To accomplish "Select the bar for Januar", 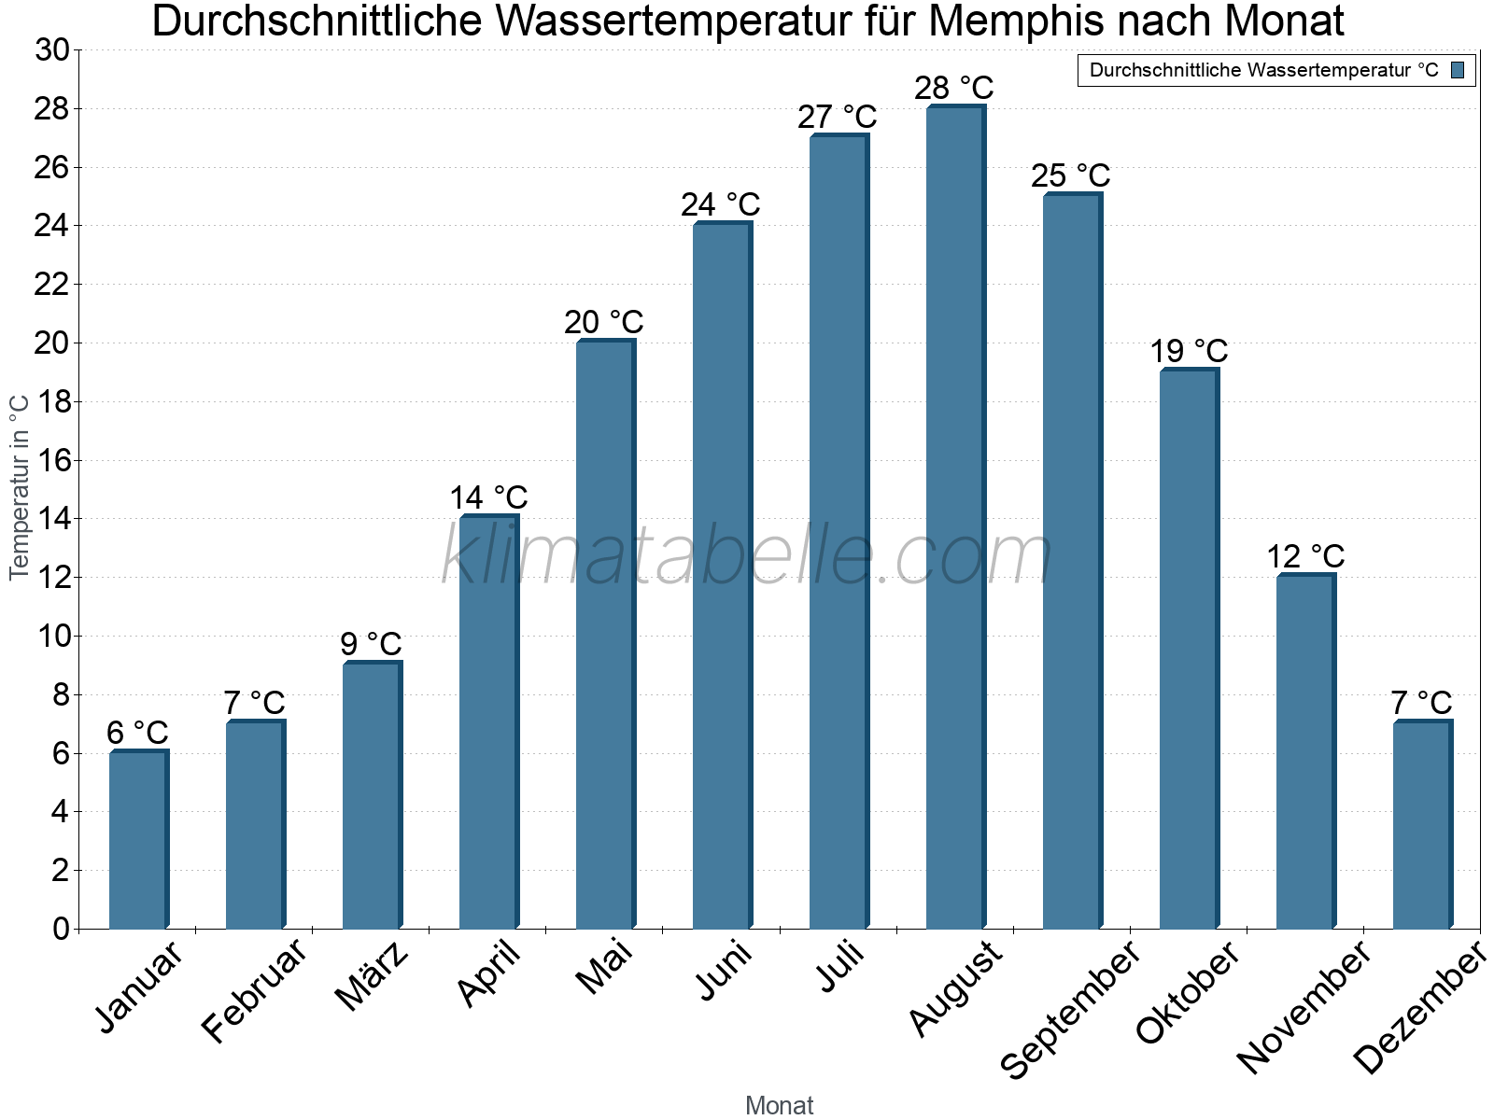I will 138,840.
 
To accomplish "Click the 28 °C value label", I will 953,88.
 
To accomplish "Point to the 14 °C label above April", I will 488,497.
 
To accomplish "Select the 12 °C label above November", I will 1304,556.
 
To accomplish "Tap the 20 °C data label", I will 603,322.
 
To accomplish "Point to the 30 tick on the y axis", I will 51,50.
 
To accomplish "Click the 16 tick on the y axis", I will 51,460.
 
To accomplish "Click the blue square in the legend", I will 1458,70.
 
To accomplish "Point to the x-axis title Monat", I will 779,1105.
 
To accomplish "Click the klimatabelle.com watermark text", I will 747,555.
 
